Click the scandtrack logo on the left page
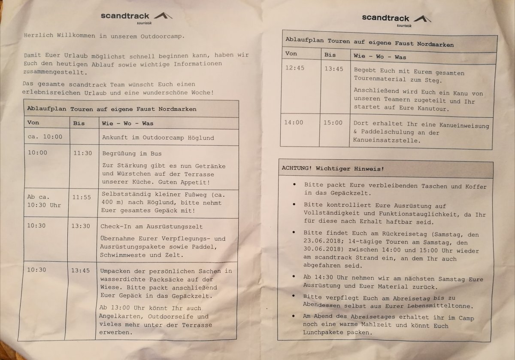point(136,16)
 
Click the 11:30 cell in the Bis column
point(82,153)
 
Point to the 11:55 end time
point(82,197)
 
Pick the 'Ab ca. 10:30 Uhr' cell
point(44,201)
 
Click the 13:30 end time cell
point(81,226)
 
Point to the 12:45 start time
point(294,68)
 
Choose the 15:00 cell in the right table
point(333,122)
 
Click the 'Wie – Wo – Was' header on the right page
point(379,56)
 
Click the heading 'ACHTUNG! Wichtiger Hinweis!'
point(333,169)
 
